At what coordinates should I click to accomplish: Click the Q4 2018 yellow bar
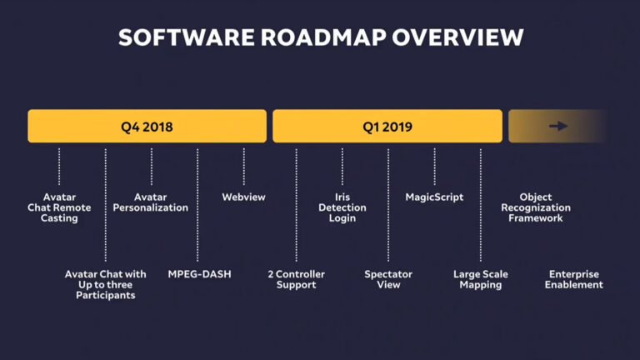[147, 127]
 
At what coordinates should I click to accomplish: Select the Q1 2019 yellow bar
[387, 127]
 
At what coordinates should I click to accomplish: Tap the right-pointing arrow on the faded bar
[558, 127]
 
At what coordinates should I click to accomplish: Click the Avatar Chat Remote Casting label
[59, 207]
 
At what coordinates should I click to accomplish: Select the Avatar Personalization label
[151, 202]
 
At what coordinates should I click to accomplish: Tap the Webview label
[243, 197]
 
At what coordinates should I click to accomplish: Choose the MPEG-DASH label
[199, 274]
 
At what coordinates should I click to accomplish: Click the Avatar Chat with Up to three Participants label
[106, 284]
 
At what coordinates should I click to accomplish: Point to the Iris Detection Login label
[342, 207]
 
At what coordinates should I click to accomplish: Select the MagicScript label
[434, 197]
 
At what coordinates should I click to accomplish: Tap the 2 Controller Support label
[297, 279]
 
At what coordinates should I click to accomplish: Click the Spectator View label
[388, 279]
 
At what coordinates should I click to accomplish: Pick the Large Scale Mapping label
[481, 279]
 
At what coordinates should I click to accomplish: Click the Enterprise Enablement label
[574, 279]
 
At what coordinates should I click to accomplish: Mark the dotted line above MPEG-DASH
[197, 204]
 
